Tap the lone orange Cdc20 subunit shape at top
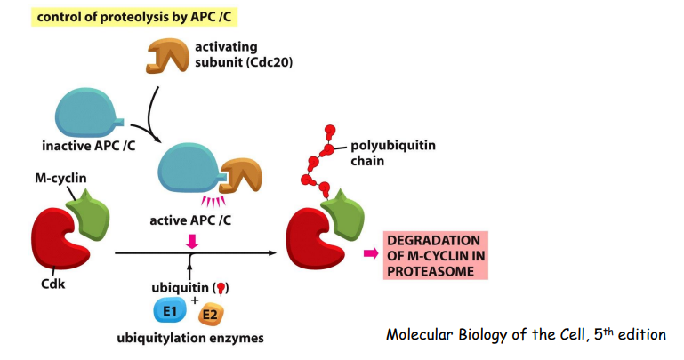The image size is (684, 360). [x=165, y=56]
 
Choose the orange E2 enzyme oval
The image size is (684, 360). [x=212, y=315]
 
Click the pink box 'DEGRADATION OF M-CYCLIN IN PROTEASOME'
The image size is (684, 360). [x=435, y=255]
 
